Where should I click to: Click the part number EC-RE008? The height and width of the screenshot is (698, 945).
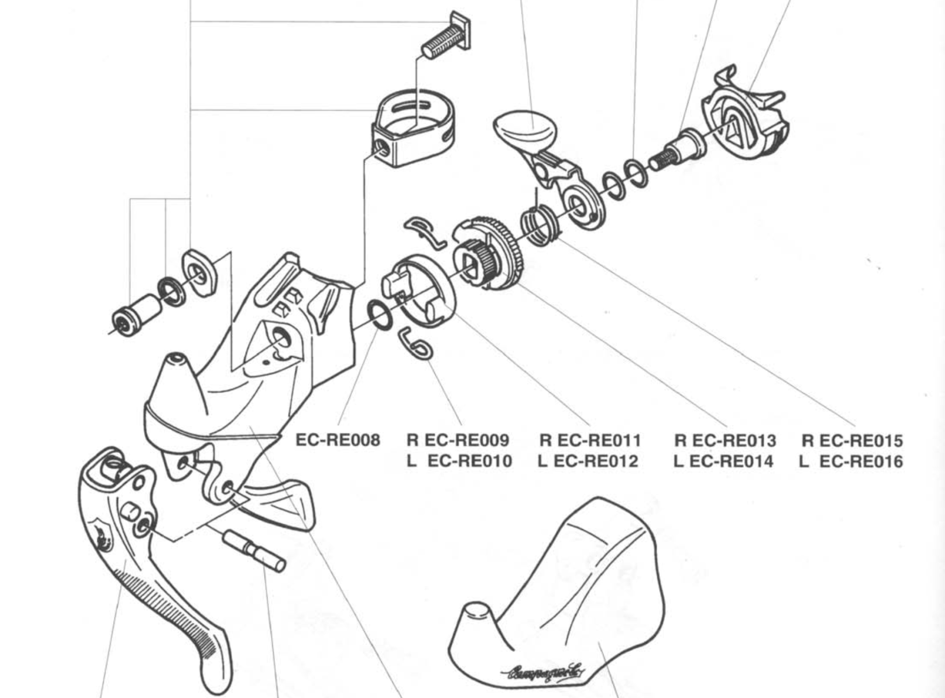click(x=337, y=440)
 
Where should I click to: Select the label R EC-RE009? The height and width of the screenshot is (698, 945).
click(x=458, y=441)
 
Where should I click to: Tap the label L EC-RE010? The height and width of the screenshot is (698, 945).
click(x=460, y=461)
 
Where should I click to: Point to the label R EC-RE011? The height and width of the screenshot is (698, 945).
click(x=590, y=441)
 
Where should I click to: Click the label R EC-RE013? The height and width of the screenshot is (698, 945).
click(x=725, y=441)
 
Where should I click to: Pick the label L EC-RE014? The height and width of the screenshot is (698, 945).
click(x=723, y=461)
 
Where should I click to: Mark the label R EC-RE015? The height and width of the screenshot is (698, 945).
click(x=852, y=441)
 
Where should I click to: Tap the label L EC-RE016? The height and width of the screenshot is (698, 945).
click(x=850, y=461)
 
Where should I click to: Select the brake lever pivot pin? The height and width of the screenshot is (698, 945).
click(x=255, y=549)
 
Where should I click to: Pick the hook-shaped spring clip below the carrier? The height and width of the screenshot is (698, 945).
click(x=416, y=343)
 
